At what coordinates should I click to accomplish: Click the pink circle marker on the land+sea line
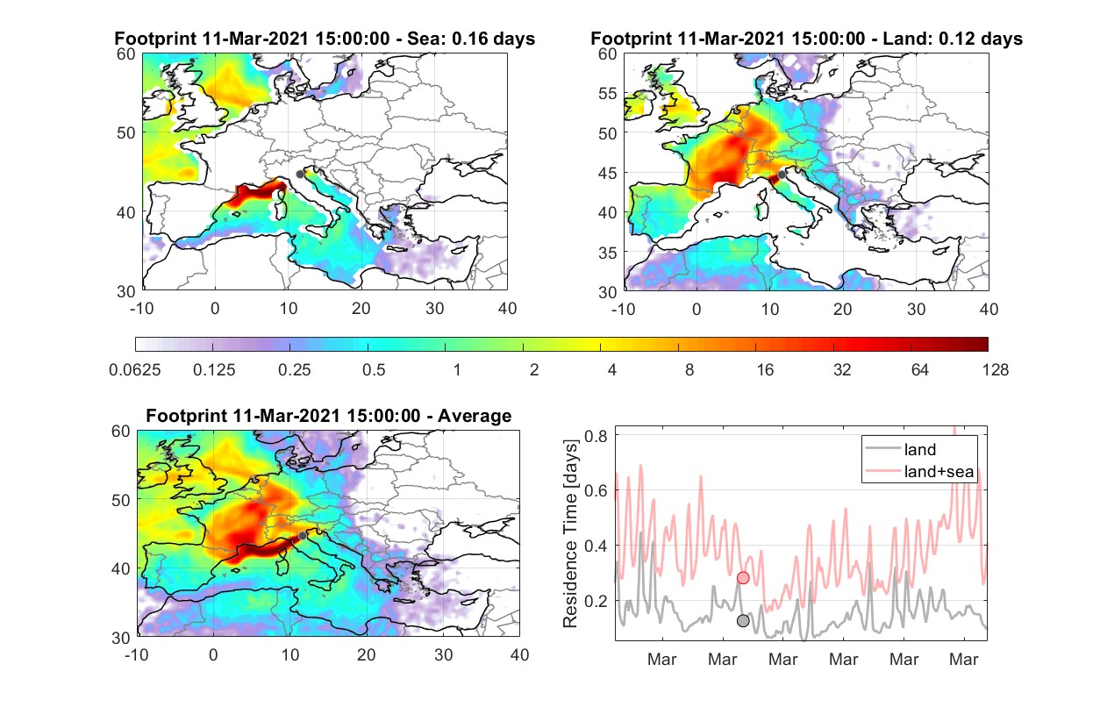(743, 578)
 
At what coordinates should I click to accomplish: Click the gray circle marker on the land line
(743, 621)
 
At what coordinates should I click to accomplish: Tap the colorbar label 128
(995, 370)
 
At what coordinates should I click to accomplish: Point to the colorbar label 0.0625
(135, 370)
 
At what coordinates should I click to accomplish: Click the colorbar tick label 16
(765, 370)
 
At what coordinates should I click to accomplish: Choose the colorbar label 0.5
(374, 370)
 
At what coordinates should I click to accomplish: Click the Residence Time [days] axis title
(570, 533)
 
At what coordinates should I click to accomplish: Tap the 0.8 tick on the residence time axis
(596, 435)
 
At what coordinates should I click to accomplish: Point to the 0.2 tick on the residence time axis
(596, 601)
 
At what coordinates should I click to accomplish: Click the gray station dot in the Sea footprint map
(300, 175)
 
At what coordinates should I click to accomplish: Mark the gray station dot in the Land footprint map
(782, 175)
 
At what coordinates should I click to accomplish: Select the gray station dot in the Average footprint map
(303, 536)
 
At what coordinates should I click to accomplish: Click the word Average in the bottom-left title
(475, 416)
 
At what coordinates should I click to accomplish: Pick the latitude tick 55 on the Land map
(608, 93)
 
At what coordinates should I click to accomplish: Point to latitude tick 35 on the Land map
(608, 253)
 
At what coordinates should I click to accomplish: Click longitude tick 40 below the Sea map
(507, 309)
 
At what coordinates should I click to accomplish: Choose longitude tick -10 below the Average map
(136, 654)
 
